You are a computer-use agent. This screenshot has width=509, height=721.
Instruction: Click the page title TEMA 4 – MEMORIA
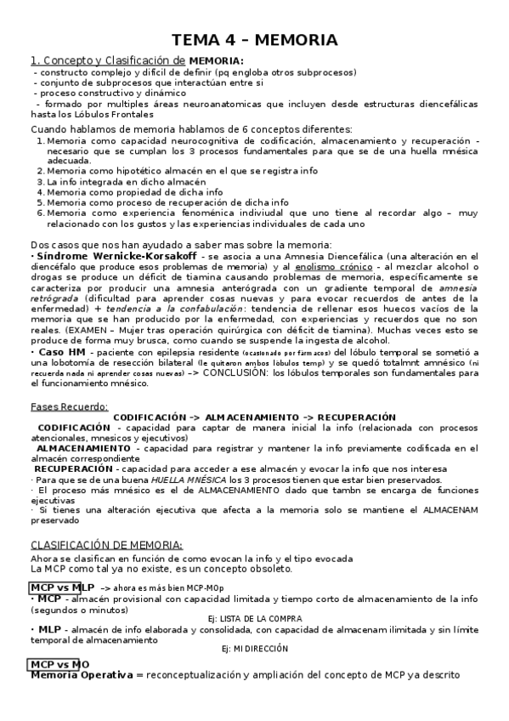[255, 40]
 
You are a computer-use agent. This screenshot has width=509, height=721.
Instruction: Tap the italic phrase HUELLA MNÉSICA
[175, 480]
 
